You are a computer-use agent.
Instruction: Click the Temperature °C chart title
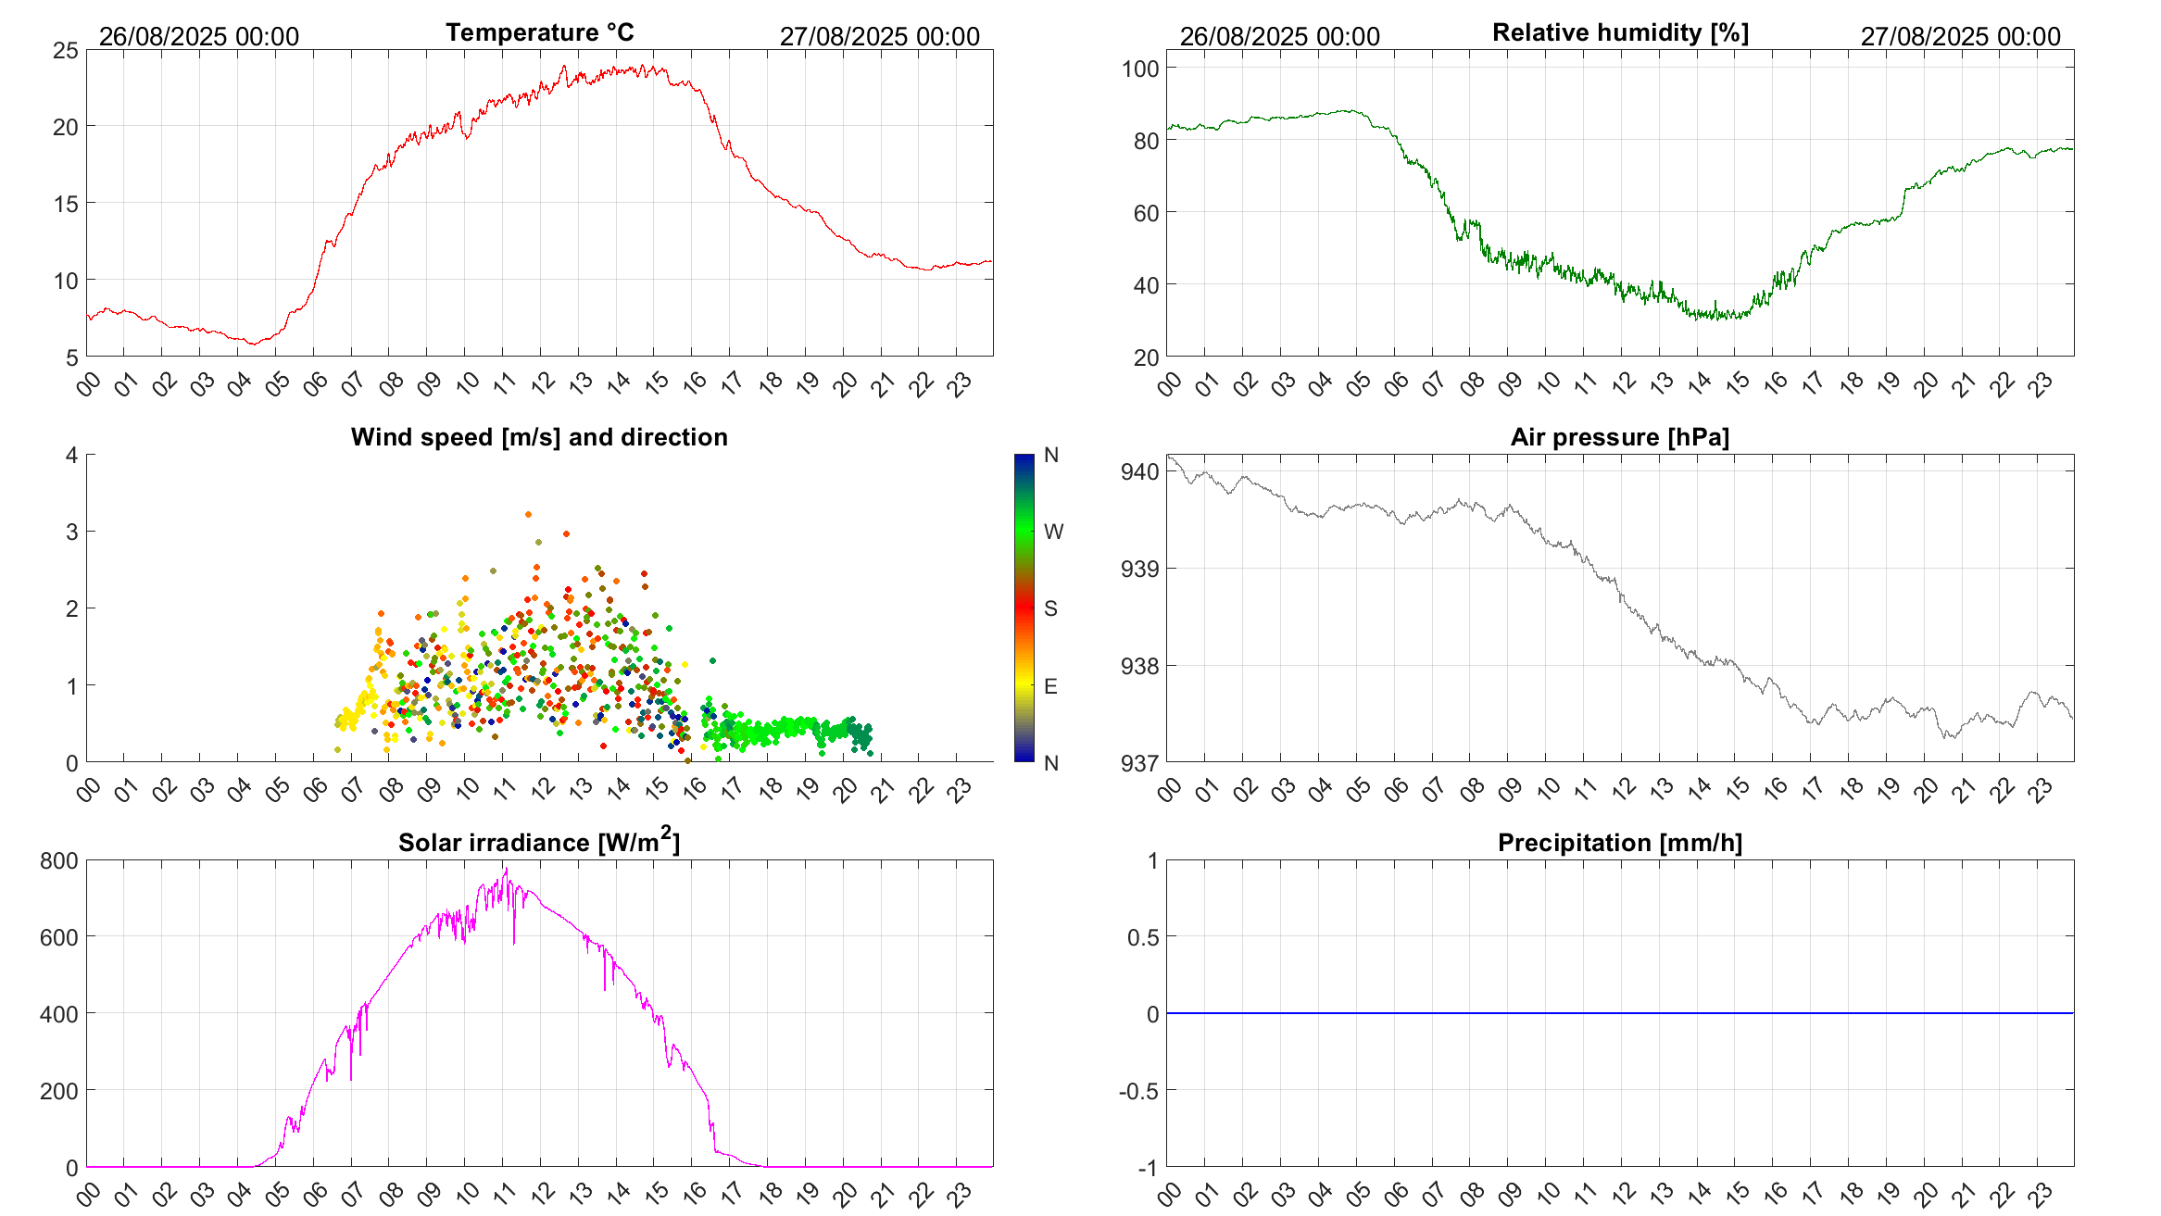(539, 32)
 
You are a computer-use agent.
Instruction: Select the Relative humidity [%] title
(1620, 32)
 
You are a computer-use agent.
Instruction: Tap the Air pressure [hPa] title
(1619, 437)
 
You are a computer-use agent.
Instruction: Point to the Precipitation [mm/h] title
(1619, 843)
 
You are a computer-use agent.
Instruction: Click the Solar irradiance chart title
(539, 842)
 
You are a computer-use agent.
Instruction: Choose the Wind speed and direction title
(539, 437)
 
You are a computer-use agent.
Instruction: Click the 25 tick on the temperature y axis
(66, 51)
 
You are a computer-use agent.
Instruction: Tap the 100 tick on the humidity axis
(1140, 69)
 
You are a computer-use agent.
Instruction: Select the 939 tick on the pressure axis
(1140, 569)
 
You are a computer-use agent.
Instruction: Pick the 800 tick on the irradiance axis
(59, 861)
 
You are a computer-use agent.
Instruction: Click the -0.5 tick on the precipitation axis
(1138, 1091)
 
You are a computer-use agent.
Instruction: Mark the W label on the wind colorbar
(1053, 532)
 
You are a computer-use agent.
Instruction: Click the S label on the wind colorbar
(1050, 608)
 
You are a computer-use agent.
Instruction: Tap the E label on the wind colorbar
(1050, 686)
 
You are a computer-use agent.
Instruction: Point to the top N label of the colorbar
(1050, 455)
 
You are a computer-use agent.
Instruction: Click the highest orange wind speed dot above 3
(528, 514)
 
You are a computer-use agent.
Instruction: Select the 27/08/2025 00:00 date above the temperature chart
(879, 36)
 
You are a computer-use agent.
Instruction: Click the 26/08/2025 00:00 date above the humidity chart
(1279, 36)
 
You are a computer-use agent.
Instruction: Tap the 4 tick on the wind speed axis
(72, 455)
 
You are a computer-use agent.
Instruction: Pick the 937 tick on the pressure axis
(1140, 763)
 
